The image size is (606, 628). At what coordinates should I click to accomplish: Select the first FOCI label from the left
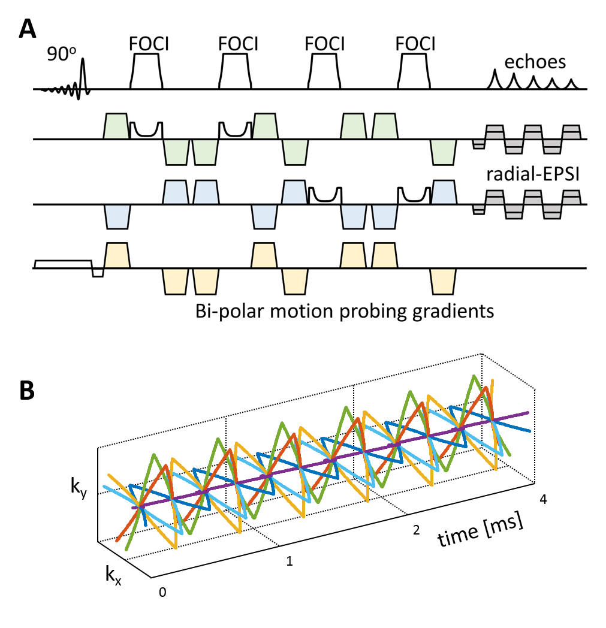point(146,44)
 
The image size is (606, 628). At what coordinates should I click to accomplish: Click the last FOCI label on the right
point(416,44)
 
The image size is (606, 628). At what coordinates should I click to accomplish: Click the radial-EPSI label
point(532,174)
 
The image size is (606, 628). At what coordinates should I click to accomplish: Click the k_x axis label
point(111,577)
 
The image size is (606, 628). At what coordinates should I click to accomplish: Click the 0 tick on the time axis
point(162,592)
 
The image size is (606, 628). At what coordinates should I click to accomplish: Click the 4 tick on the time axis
point(543,499)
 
